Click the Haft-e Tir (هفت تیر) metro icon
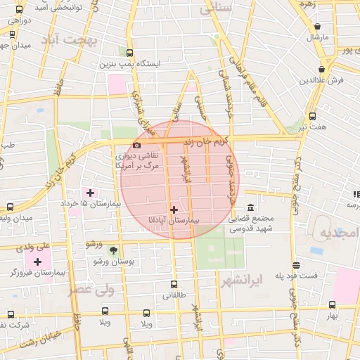[x=312, y=116]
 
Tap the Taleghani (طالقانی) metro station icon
[x=174, y=285]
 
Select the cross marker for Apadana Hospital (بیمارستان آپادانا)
[x=174, y=210]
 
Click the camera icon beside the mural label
[x=136, y=145]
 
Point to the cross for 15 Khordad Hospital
[x=90, y=193]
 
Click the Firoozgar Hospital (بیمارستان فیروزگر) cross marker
[x=37, y=262]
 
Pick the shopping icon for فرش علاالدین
[x=322, y=69]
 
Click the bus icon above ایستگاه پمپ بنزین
[x=129, y=52]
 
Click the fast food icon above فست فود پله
[x=296, y=265]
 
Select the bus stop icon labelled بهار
[x=332, y=304]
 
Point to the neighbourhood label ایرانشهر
[x=240, y=281]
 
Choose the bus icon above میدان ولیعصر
[x=10, y=207]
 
